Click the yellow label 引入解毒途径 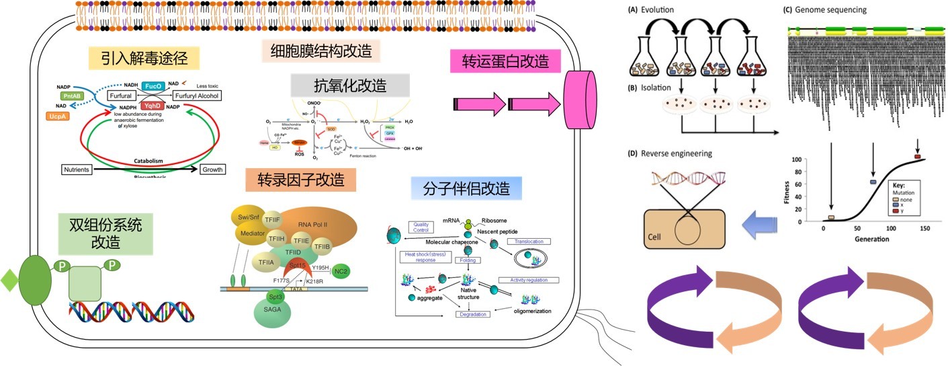144,59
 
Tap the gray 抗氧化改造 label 350,85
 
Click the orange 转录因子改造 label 300,180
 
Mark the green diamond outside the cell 9,280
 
